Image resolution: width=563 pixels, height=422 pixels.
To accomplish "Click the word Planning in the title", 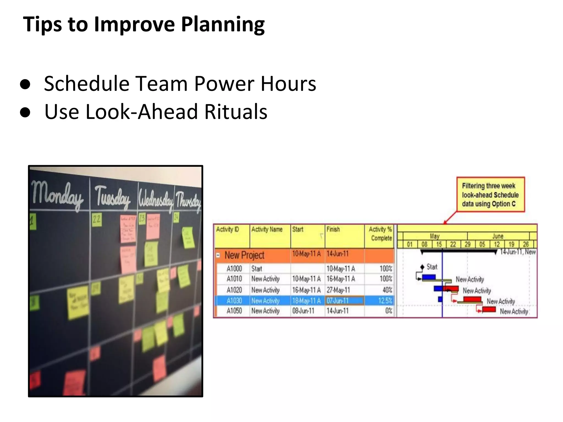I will click(x=223, y=25).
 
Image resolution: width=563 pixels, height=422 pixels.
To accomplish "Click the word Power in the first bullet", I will click(x=224, y=84).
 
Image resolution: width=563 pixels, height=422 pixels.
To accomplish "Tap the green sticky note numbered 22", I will click(x=96, y=220).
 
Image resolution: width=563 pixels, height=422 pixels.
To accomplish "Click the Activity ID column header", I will click(x=227, y=229).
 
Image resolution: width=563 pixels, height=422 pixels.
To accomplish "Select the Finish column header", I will click(x=333, y=229).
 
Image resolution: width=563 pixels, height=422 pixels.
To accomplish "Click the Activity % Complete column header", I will click(x=381, y=234).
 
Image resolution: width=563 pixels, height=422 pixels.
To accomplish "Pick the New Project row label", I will click(x=244, y=255).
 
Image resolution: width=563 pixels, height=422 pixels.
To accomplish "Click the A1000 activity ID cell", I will click(x=234, y=268).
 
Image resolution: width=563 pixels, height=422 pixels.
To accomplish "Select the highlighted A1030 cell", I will click(x=234, y=301).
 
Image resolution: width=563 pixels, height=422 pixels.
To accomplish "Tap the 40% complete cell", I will click(x=387, y=290).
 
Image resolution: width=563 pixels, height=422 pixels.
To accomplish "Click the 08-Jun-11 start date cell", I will click(x=303, y=311).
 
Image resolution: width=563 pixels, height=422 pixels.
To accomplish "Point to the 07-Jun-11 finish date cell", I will click(x=338, y=301).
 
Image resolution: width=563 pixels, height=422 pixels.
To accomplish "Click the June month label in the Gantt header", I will click(x=498, y=236).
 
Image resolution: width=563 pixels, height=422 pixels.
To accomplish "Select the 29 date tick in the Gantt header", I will click(x=467, y=244).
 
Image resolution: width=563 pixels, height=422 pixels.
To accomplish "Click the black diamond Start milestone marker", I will click(x=423, y=267).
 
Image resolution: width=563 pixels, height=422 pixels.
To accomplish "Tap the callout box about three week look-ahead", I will click(x=490, y=195).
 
